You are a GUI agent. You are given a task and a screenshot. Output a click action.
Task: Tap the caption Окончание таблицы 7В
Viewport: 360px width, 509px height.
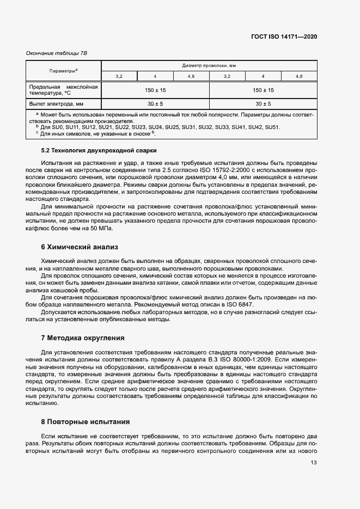57,52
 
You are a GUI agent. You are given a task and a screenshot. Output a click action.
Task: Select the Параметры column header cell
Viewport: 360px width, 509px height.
63,71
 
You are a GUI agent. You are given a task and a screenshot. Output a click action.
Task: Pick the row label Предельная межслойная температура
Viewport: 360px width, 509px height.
63,89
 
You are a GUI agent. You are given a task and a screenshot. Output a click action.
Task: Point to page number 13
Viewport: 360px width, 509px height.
314,463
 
